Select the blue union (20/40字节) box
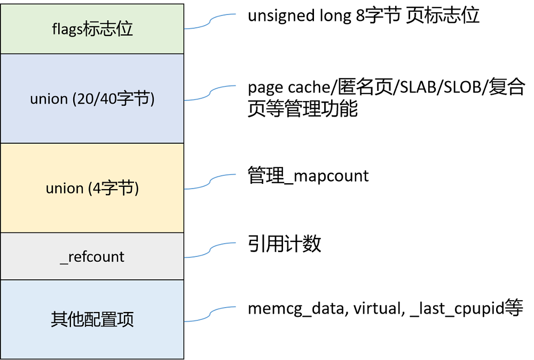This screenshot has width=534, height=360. click(x=92, y=99)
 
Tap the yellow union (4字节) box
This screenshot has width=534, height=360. click(x=92, y=188)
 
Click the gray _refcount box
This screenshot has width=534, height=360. click(x=92, y=256)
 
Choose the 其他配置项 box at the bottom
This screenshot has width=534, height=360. click(x=92, y=319)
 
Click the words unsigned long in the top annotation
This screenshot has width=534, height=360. click(x=300, y=16)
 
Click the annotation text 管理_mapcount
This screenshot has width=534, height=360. click(x=308, y=176)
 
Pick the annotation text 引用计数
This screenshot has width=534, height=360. click(x=285, y=244)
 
